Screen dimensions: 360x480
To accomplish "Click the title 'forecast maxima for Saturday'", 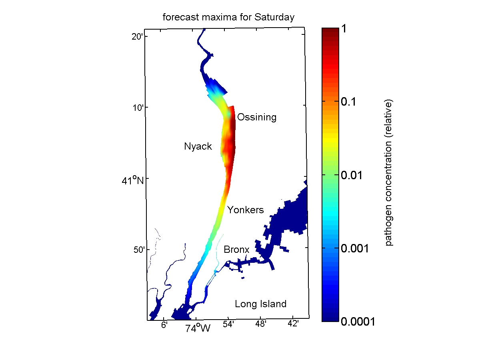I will [228, 17].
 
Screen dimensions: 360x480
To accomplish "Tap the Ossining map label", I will [256, 117].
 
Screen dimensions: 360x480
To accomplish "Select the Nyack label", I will [198, 146].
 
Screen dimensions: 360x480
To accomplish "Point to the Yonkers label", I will [246, 210].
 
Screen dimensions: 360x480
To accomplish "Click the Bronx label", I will [236, 250].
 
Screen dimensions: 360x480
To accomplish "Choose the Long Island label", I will [260, 304].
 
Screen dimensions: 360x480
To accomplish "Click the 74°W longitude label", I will [198, 329].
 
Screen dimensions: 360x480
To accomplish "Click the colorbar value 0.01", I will [352, 175].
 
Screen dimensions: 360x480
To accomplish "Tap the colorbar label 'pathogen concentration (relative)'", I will [389, 172].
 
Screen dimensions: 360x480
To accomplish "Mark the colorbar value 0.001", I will [354, 248].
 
